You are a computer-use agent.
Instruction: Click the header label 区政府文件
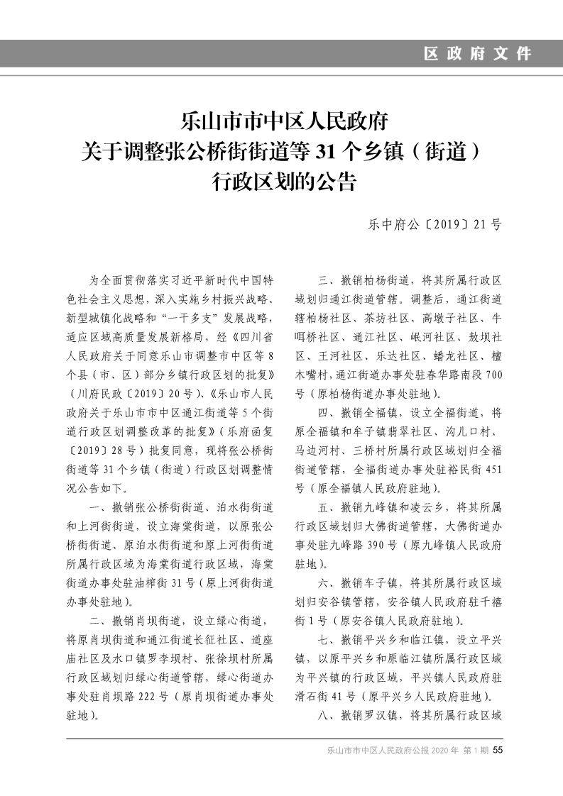coord(477,54)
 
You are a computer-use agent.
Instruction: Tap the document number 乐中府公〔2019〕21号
coord(434,225)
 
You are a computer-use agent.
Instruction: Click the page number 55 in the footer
coord(498,751)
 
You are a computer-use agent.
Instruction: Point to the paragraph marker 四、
coord(327,411)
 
